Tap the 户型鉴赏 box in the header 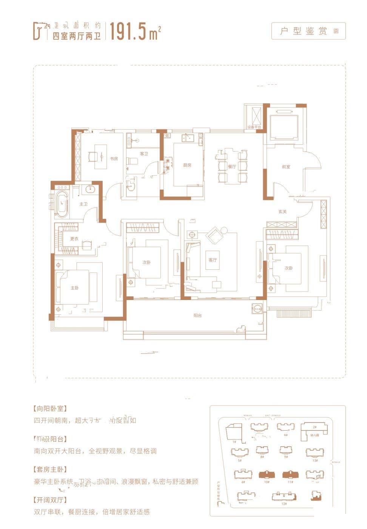(x=308, y=31)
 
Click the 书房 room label (x=114, y=159)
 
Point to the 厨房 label (x=187, y=165)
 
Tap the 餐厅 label (x=232, y=166)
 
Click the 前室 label (x=286, y=167)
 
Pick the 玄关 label (x=282, y=212)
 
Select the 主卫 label (x=83, y=204)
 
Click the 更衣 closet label (x=74, y=239)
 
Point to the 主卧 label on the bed (x=75, y=288)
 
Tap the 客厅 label (x=213, y=260)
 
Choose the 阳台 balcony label (x=197, y=316)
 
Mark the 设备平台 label (x=254, y=127)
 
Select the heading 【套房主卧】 (x=50, y=469)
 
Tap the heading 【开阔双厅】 (x=50, y=500)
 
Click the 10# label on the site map (x=267, y=482)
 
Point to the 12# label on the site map (x=284, y=504)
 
